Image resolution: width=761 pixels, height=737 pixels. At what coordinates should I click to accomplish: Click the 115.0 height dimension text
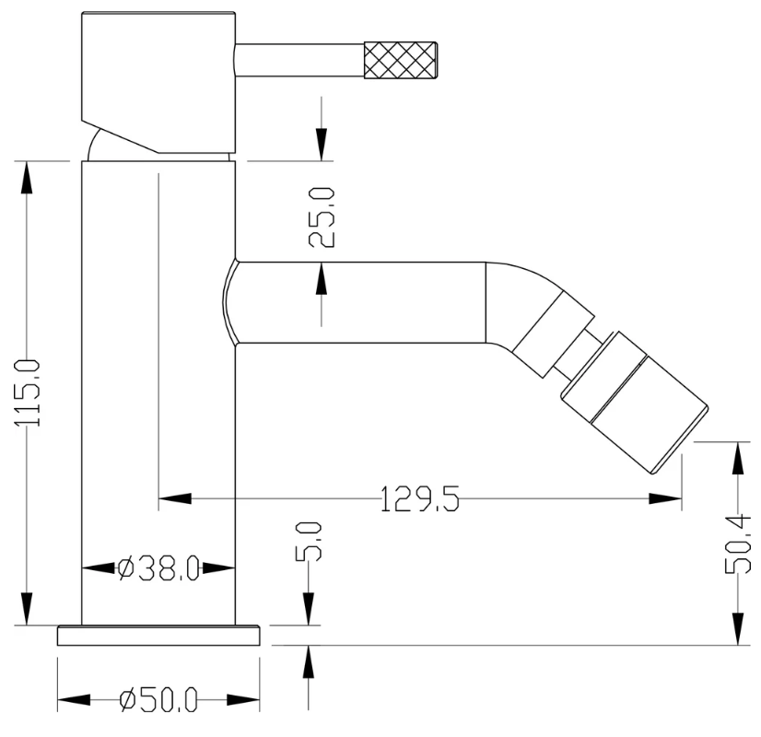[x=28, y=393]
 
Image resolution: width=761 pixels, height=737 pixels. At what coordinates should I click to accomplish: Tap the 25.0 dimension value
[x=322, y=217]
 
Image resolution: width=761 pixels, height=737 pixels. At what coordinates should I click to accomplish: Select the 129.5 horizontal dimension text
[x=419, y=498]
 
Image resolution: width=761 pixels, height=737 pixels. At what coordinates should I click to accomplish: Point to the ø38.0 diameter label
[x=158, y=568]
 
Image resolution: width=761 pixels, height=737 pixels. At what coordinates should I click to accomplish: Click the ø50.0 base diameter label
[x=158, y=699]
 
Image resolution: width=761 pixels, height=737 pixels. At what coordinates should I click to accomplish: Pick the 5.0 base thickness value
[x=309, y=542]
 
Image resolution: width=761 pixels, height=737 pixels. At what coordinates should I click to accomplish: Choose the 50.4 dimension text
[x=738, y=544]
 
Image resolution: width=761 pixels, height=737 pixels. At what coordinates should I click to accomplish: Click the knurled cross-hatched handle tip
[x=401, y=60]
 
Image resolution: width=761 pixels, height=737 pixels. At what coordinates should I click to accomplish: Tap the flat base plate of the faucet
[x=158, y=636]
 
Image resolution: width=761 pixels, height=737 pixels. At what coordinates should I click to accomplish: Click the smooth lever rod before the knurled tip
[x=299, y=60]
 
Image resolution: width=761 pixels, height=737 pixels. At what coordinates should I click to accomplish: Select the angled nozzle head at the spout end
[x=634, y=403]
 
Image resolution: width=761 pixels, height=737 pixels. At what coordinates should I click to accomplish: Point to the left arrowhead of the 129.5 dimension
[x=175, y=498]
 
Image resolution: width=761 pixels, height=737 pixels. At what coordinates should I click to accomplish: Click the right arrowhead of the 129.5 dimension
[x=665, y=498]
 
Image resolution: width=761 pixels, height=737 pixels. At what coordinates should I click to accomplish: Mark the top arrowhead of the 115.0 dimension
[x=28, y=178]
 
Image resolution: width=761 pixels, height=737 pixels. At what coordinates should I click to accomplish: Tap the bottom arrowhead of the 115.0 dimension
[x=28, y=609]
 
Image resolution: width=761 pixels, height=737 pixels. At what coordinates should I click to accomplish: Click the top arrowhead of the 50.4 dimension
[x=738, y=459]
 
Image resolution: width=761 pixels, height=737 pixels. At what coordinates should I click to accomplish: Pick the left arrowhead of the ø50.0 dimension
[x=74, y=699]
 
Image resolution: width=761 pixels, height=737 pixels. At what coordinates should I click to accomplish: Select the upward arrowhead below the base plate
[x=309, y=661]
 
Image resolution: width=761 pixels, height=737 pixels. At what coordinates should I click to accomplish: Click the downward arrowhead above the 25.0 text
[x=322, y=144]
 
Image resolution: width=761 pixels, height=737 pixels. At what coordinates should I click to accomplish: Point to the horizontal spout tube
[x=360, y=303]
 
